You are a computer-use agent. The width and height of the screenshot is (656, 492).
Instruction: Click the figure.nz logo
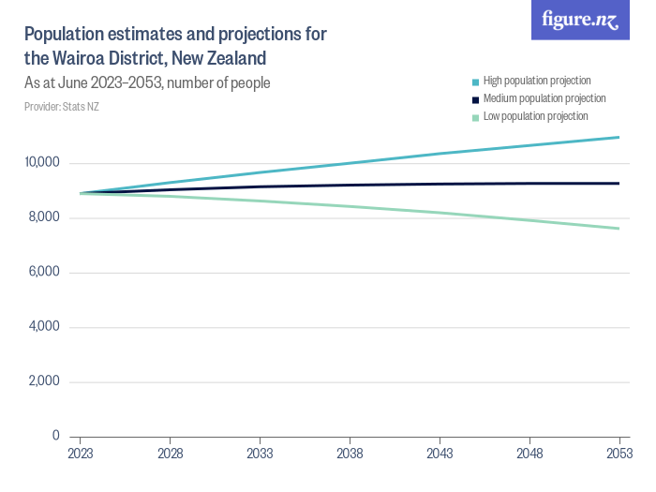click(x=580, y=21)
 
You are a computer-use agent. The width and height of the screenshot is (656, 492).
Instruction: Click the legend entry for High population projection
click(x=536, y=81)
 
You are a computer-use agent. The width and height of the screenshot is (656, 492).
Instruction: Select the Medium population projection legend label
click(x=544, y=98)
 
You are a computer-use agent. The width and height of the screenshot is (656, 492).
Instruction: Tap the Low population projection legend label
click(x=535, y=116)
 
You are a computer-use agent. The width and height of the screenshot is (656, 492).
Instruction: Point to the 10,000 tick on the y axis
click(x=42, y=163)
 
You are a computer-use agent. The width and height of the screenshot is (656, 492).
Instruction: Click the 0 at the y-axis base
click(x=56, y=436)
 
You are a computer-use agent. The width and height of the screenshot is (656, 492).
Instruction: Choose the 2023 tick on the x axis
click(x=81, y=454)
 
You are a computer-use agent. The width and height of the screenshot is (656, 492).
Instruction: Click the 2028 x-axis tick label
click(x=171, y=454)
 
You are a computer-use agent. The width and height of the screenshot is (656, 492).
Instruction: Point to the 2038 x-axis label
click(x=350, y=454)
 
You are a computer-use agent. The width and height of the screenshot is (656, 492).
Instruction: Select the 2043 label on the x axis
click(x=440, y=454)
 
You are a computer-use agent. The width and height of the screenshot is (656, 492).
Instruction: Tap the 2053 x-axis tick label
click(x=619, y=454)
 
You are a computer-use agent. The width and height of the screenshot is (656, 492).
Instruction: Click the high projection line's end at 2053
click(x=619, y=138)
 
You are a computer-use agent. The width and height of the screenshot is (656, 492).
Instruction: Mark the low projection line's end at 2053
click(x=619, y=229)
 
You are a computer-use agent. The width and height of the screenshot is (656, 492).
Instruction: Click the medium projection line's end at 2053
click(x=619, y=184)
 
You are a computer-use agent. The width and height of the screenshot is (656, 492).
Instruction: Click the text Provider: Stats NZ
click(x=62, y=107)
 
